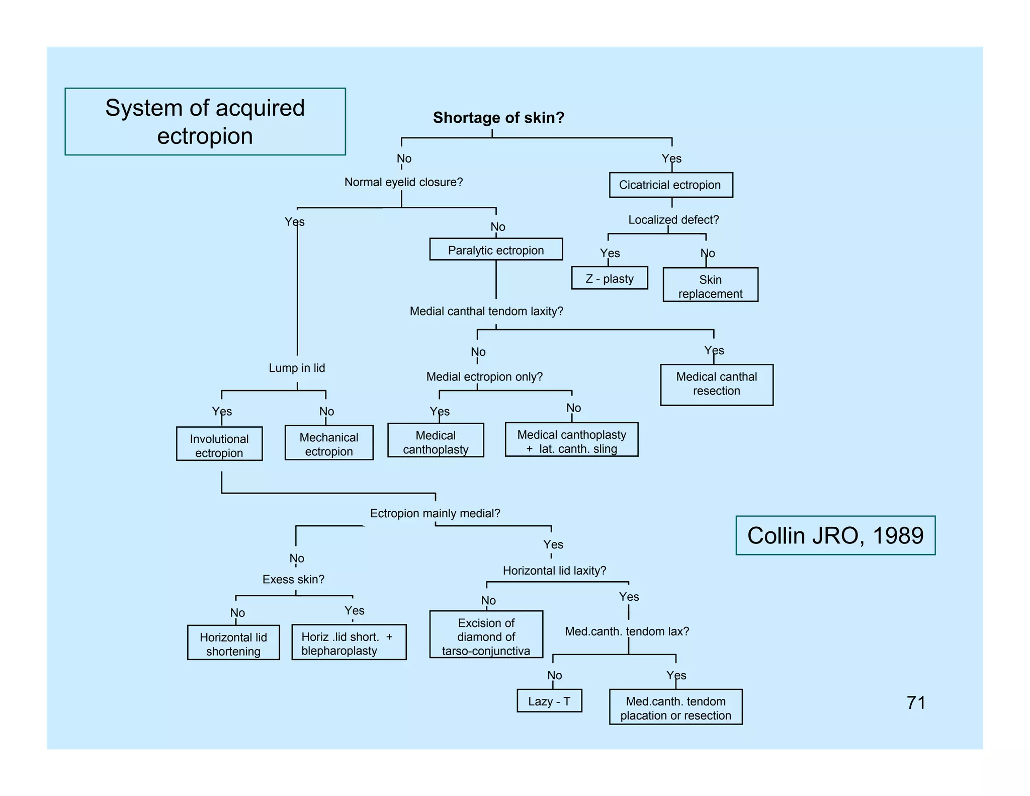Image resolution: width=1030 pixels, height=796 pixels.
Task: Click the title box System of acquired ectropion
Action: (205, 122)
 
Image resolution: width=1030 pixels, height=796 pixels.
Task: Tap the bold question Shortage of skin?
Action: (498, 118)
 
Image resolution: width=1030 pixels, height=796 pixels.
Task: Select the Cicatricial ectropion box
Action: (670, 185)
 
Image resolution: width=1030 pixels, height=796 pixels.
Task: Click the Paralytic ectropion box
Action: (496, 250)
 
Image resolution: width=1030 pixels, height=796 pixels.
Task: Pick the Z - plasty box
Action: (610, 278)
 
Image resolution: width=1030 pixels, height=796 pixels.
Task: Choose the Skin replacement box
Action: (710, 285)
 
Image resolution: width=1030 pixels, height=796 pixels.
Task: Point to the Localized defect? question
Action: (673, 220)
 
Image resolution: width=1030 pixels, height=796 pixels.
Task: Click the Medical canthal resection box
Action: (717, 384)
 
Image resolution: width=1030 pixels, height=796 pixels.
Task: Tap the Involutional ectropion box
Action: (219, 444)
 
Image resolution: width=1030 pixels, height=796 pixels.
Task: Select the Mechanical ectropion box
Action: (329, 443)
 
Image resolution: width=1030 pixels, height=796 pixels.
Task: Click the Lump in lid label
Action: (297, 368)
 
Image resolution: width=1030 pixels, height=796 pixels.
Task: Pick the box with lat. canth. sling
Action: (572, 440)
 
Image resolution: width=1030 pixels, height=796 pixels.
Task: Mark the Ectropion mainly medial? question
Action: (435, 514)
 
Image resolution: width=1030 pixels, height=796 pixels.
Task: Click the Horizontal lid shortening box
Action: (233, 643)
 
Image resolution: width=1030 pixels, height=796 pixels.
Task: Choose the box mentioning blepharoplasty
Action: (349, 643)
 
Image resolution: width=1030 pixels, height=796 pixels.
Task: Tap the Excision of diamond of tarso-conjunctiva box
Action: (486, 635)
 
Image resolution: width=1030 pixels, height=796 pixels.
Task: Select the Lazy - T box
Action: (549, 701)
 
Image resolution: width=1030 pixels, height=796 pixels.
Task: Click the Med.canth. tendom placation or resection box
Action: (675, 707)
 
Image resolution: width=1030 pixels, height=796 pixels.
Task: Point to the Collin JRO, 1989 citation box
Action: (835, 536)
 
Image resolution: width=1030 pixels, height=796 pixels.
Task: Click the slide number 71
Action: (916, 703)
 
